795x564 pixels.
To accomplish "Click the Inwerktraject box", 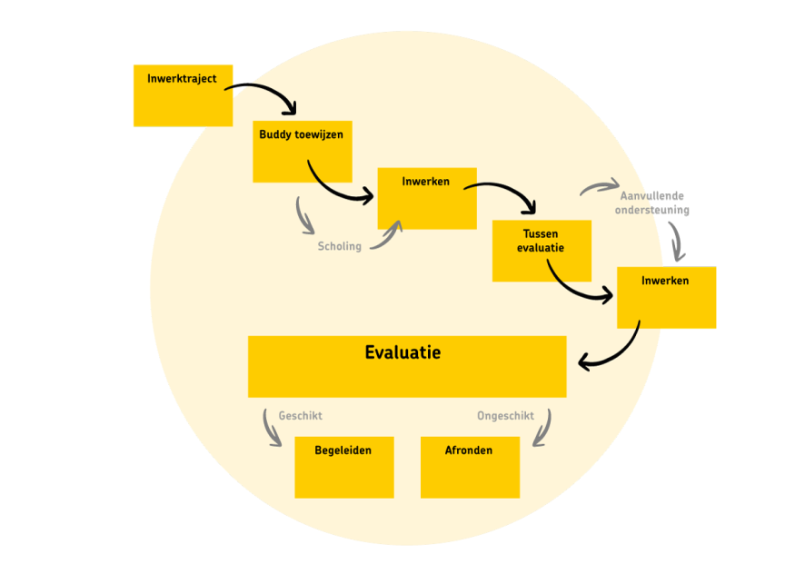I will click(183, 95).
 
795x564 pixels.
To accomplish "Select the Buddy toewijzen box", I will click(302, 152).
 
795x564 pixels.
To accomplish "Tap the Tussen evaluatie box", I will click(542, 250).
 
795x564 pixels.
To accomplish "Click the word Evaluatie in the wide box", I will click(402, 352).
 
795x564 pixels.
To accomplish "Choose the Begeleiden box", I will click(343, 467).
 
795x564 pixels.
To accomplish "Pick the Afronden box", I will click(470, 467).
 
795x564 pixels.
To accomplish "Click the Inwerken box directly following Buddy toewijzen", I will click(426, 198).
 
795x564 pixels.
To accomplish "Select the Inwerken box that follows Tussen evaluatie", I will click(666, 297).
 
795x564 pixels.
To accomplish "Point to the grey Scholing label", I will click(339, 246).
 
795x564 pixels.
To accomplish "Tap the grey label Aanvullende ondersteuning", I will click(652, 203).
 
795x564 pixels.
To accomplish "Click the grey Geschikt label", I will click(300, 416).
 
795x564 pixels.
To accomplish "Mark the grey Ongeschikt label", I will click(505, 416).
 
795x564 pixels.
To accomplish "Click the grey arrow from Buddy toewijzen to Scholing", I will click(303, 216).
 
